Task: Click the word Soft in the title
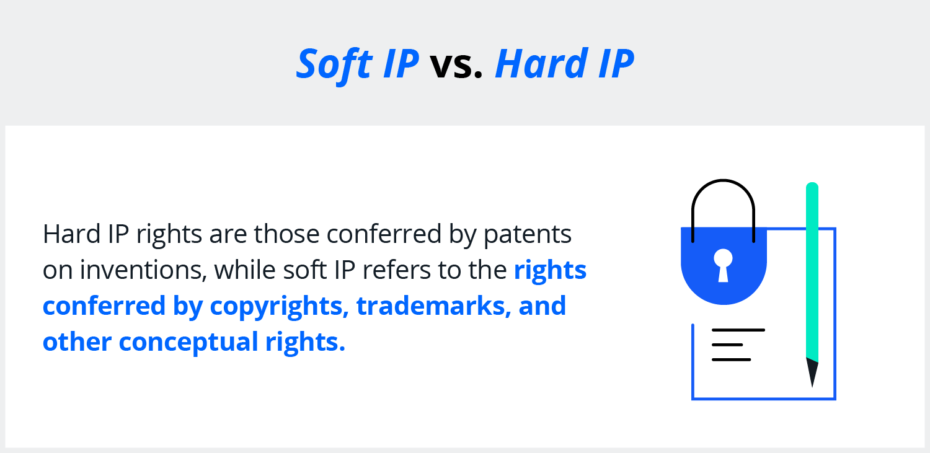coord(334,64)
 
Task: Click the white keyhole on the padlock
coord(724,265)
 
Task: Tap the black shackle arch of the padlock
coord(724,181)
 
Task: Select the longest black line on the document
coord(738,330)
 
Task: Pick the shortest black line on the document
coord(727,345)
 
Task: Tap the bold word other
coord(77,342)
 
